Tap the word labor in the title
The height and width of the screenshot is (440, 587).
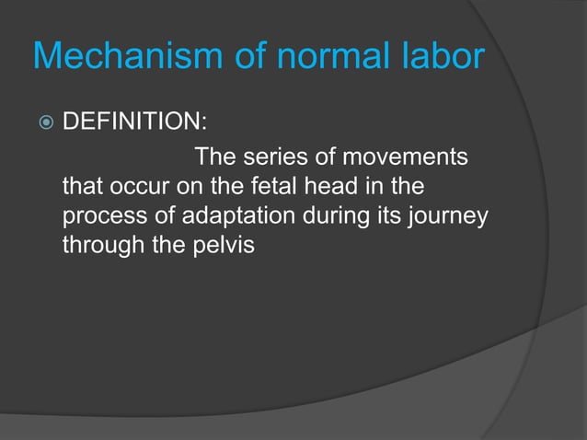(x=439, y=58)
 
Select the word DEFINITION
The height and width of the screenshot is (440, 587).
(x=132, y=123)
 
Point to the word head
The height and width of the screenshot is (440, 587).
(x=317, y=188)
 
